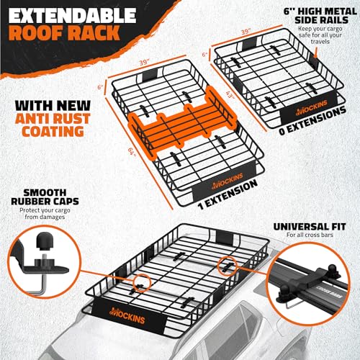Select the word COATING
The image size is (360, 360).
click(53, 132)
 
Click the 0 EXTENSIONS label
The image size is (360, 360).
click(312, 121)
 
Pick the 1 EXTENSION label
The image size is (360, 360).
click(228, 195)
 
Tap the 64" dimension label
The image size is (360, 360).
click(132, 152)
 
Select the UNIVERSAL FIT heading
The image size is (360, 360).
click(310, 227)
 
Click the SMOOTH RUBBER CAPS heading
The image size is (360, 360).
click(45, 197)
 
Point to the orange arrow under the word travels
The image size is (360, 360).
click(315, 53)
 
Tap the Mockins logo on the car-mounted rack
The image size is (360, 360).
click(127, 315)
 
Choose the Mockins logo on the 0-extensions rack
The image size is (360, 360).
click(312, 108)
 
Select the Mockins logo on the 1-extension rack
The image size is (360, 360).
click(228, 181)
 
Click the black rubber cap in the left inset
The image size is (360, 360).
click(44, 240)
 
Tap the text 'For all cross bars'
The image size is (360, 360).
click(310, 235)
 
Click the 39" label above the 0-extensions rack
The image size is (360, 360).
click(246, 32)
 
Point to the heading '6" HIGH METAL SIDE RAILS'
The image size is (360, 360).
click(320, 16)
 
